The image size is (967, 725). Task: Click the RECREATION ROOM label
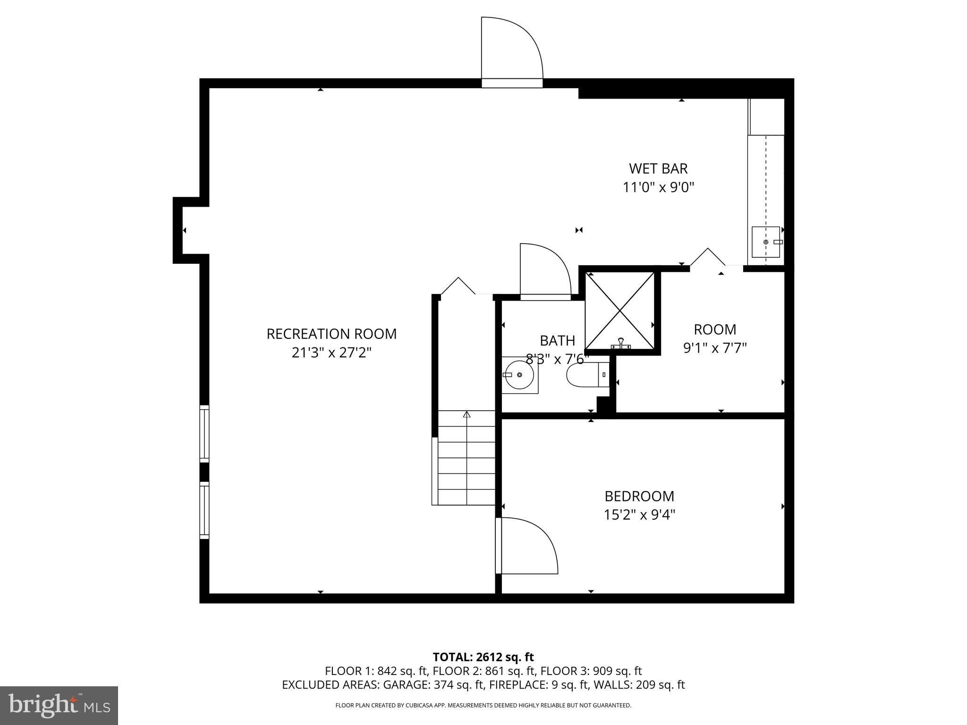point(331,334)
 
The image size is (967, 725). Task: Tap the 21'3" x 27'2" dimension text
point(331,353)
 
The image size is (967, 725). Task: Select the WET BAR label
point(658,169)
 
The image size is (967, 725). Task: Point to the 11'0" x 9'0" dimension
point(658,188)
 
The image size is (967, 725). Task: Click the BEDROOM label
point(639,496)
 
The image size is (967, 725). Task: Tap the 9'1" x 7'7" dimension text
point(715,348)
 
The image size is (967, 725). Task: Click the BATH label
point(557,340)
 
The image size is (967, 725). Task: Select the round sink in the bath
point(519,375)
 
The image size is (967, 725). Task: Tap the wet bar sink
point(765,242)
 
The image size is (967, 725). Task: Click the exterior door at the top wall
point(511,52)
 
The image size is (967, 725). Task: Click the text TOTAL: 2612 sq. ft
point(483,657)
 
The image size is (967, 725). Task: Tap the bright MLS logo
point(59,706)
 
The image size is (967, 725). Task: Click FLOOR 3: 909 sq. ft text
point(591,671)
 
